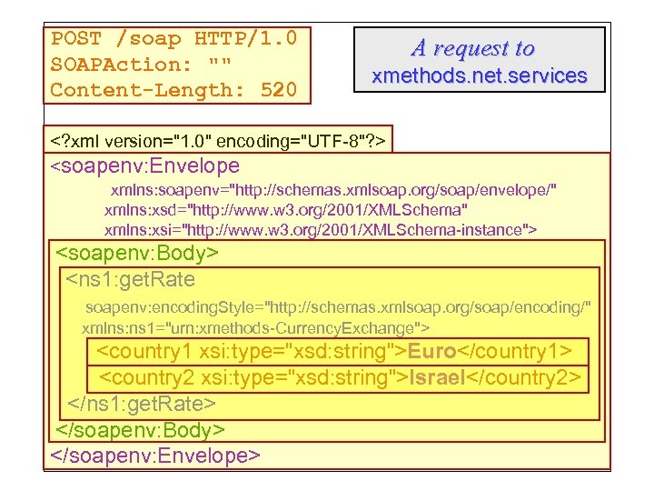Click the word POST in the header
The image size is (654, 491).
(76, 39)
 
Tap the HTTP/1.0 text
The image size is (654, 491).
(245, 39)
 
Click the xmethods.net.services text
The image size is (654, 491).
(480, 76)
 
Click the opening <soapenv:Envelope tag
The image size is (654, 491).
(145, 166)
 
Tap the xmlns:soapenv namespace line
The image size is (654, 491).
(333, 191)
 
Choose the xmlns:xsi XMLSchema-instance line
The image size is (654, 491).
(321, 229)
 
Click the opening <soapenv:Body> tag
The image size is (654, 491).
(138, 253)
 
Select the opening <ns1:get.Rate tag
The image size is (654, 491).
(131, 278)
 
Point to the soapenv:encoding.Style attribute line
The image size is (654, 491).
(337, 307)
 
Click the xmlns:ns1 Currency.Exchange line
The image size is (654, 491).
(256, 326)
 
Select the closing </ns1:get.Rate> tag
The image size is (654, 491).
(142, 403)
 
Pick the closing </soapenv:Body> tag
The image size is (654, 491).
(141, 428)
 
